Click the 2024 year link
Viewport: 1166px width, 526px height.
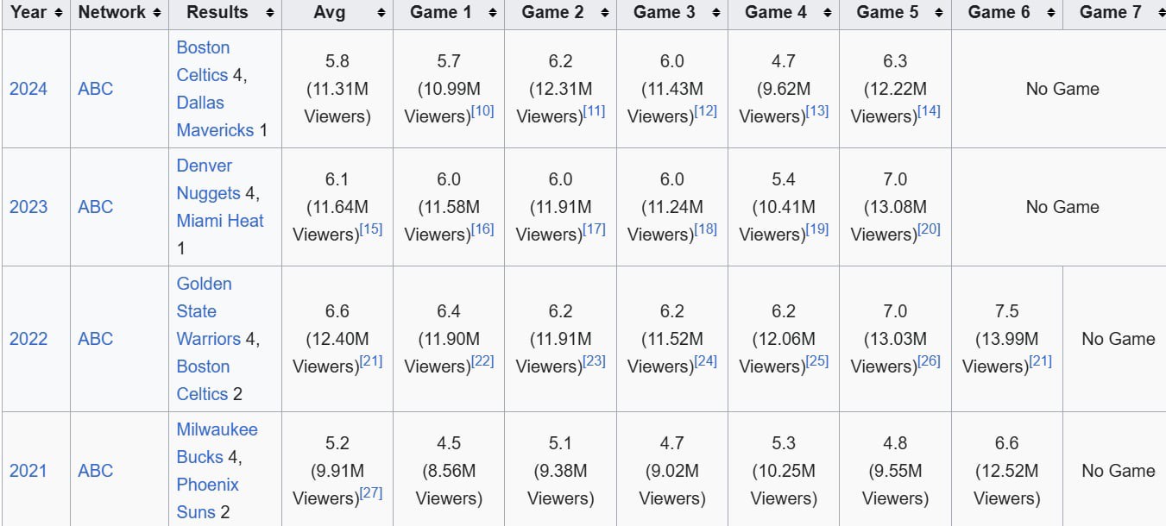[x=28, y=89]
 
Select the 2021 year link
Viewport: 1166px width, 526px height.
[x=28, y=471]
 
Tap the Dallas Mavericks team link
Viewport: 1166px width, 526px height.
[x=200, y=116]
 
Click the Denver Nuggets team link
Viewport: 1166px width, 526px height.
[x=205, y=179]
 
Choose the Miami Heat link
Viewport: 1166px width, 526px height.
[x=220, y=221]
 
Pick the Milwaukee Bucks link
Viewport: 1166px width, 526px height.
[x=217, y=443]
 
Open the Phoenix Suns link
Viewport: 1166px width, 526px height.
[x=208, y=485]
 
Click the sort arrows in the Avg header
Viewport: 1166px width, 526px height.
[x=381, y=13]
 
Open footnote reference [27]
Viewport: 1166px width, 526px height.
[x=371, y=493]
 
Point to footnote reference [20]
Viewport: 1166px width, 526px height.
[x=930, y=229]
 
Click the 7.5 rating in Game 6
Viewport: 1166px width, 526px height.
[x=1006, y=311]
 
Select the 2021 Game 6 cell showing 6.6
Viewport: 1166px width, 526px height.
[x=1006, y=443]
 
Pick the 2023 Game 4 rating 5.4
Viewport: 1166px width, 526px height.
[x=783, y=179]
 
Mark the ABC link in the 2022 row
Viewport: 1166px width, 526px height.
[x=95, y=339]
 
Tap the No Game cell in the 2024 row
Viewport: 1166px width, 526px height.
[x=1062, y=89]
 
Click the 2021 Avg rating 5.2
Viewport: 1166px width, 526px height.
[x=337, y=443]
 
